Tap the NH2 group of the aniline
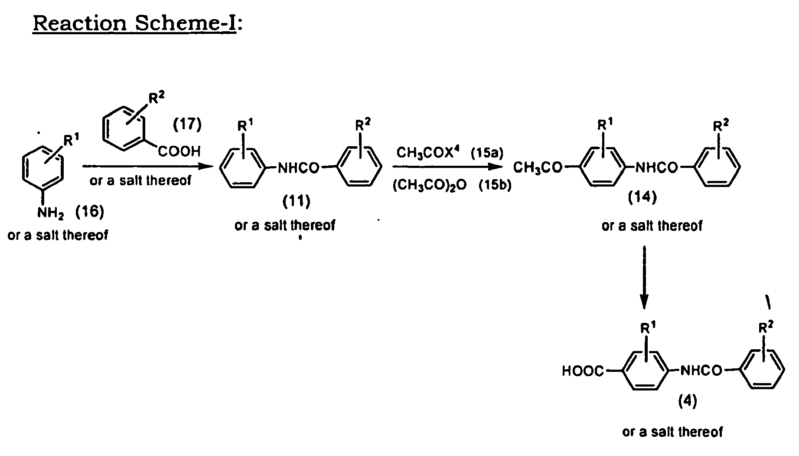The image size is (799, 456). (51, 213)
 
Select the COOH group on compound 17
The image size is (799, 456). (180, 151)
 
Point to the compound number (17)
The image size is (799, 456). (187, 125)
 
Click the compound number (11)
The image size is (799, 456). (297, 201)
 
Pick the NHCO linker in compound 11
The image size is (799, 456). (298, 167)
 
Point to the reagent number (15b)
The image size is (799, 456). (495, 185)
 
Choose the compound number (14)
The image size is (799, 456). (642, 197)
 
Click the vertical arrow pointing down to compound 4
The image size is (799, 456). (644, 278)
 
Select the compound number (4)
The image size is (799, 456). (688, 402)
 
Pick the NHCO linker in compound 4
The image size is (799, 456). (701, 371)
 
